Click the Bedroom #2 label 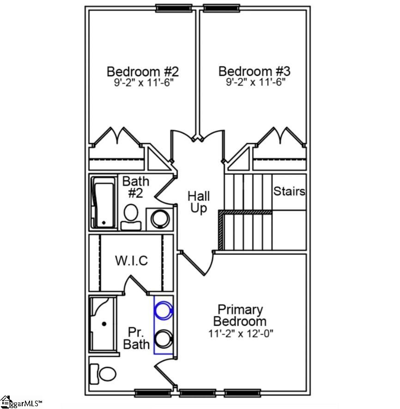point(142,72)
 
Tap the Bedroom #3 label point(254,72)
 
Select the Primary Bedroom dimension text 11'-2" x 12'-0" point(241,333)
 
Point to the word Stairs point(289,191)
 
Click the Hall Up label point(199,202)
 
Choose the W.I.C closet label point(131,261)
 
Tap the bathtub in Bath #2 point(103,203)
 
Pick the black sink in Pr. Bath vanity point(163,339)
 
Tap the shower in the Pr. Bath point(103,324)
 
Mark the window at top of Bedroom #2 point(174,7)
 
